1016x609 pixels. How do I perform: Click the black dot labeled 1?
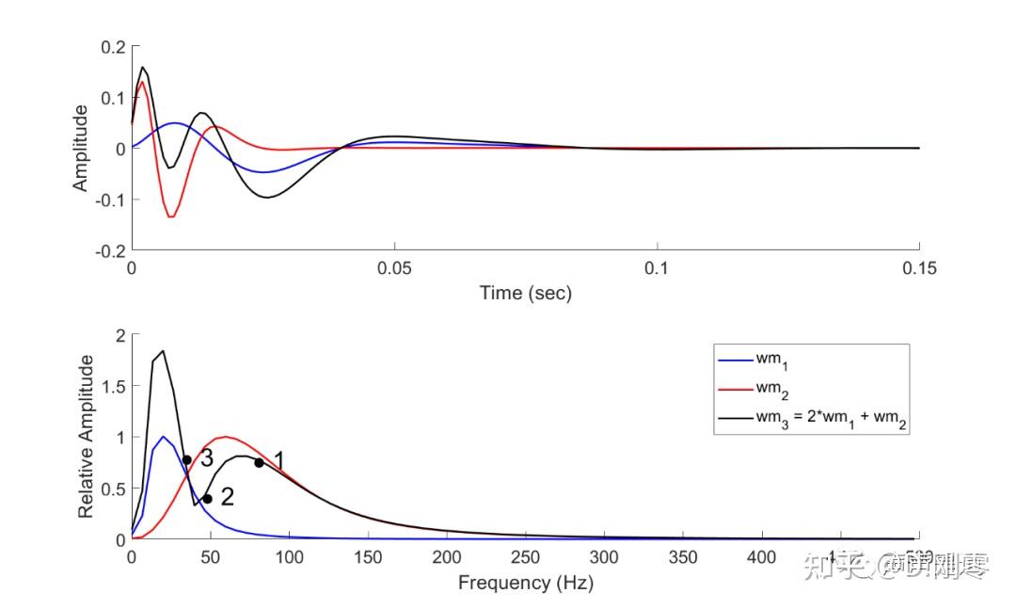(x=259, y=462)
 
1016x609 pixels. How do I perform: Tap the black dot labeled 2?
(x=207, y=499)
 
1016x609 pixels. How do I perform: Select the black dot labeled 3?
(x=187, y=459)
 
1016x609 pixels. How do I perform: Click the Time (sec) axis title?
(x=525, y=293)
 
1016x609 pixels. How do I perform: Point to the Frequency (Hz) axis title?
(x=525, y=583)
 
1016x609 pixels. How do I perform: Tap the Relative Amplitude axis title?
(x=86, y=436)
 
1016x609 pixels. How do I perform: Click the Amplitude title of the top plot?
(x=81, y=148)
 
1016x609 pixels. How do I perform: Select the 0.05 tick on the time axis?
(x=394, y=268)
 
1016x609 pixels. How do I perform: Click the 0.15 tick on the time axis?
(x=919, y=268)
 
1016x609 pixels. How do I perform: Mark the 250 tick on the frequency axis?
(x=525, y=557)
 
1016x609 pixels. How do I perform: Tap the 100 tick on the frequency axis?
(x=289, y=557)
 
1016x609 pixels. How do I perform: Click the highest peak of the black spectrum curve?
(x=164, y=351)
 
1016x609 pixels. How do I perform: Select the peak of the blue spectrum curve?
(x=164, y=436)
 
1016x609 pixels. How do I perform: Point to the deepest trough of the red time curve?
(x=171, y=217)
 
